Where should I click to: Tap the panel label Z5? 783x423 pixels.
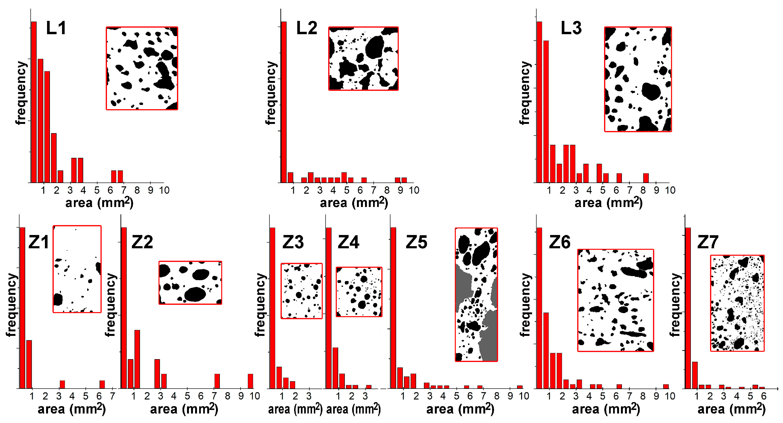pos(416,242)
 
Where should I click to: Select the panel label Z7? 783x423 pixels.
pos(708,242)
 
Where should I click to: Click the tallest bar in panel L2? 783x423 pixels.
pos(283,102)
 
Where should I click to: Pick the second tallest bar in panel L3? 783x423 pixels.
pos(546,111)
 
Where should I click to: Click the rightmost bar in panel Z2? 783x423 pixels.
pos(250,381)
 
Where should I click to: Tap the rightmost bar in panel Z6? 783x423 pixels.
pos(666,386)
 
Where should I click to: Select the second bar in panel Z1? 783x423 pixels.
pos(29,364)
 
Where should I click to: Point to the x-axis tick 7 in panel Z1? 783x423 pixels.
pos(112,396)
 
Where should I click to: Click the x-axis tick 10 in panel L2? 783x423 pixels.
pos(414,190)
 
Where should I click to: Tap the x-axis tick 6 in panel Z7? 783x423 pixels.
pos(763,396)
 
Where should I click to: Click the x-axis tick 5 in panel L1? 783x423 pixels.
pos(97,190)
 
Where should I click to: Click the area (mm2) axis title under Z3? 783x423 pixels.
pos(295,409)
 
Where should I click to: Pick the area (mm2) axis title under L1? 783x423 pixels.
pos(99,202)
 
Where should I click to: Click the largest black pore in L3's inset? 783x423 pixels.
pos(651,91)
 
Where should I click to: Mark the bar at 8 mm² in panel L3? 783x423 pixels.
pos(646,178)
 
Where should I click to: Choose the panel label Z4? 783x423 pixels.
pos(348,242)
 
